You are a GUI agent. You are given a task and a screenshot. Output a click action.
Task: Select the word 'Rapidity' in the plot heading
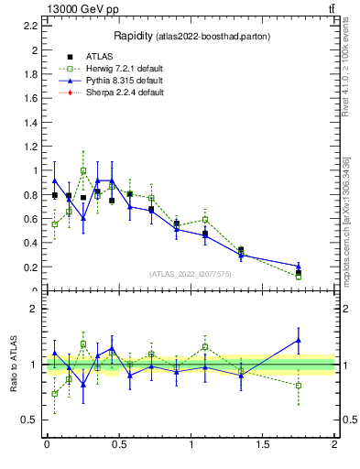[x=133, y=36]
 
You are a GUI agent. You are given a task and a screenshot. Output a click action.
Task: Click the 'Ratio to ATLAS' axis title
[x=12, y=365]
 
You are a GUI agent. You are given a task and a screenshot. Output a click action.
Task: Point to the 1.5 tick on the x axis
[x=263, y=444]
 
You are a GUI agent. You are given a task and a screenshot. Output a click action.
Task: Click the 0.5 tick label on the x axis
[x=118, y=444]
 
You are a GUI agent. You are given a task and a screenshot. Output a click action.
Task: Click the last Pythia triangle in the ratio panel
[x=299, y=340]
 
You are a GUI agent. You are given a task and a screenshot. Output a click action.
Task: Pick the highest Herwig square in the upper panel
[x=83, y=170]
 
